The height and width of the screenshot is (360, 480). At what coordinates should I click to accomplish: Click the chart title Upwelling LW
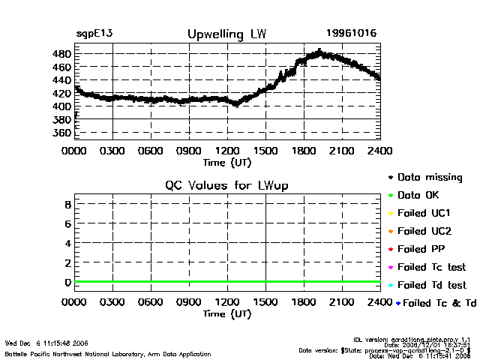coord(226,34)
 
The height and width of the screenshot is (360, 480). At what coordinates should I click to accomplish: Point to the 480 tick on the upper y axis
coord(62,55)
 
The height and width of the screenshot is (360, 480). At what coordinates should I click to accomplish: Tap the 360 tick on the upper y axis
coord(62,133)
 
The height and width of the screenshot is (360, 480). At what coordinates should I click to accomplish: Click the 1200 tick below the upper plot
coord(227,151)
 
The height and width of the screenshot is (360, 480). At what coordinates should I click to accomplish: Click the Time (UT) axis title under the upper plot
coord(227,161)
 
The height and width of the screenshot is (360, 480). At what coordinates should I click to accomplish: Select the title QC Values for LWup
coord(226,185)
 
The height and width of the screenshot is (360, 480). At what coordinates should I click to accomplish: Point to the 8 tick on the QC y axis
coord(67,204)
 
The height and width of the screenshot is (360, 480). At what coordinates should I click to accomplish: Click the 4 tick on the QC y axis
coord(67,243)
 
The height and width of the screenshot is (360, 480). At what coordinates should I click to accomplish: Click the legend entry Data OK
coord(420,196)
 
